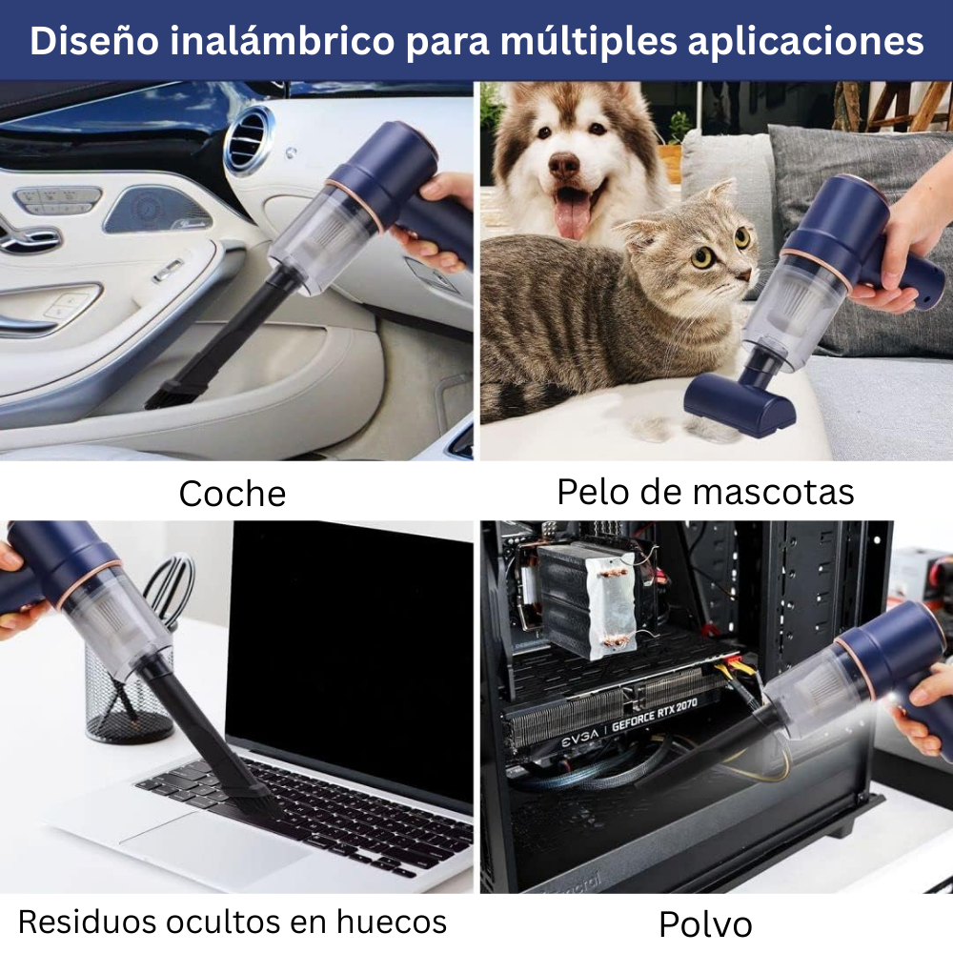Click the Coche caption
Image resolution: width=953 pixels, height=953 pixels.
click(x=233, y=494)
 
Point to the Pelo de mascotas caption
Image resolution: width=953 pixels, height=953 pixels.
click(x=705, y=492)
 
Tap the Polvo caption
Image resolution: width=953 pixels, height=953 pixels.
click(x=705, y=923)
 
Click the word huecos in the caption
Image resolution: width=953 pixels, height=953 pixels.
click(x=392, y=922)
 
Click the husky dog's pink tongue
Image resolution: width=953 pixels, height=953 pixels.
click(x=572, y=214)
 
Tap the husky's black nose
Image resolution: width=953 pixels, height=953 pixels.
click(x=563, y=166)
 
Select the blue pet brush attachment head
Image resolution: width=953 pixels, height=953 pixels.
click(x=740, y=405)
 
